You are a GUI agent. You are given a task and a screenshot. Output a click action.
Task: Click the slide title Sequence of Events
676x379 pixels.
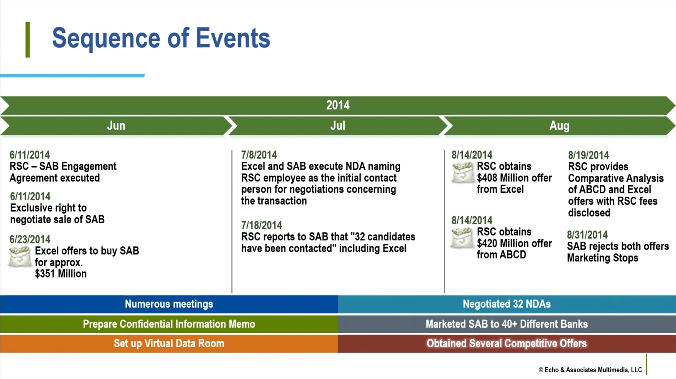(x=161, y=38)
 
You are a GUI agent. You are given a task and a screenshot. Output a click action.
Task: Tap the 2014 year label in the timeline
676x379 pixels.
(x=338, y=105)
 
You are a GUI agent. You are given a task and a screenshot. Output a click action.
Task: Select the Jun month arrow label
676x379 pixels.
(x=116, y=126)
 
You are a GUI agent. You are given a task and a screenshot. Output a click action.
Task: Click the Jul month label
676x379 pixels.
(x=338, y=126)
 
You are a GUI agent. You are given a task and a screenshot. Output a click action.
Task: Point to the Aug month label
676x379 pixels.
(x=560, y=126)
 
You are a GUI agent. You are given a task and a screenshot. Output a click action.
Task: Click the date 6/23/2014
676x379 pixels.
(x=30, y=240)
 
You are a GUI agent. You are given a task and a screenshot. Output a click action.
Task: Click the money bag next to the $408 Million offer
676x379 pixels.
(x=462, y=172)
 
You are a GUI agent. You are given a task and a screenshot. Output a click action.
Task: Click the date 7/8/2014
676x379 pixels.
(x=259, y=155)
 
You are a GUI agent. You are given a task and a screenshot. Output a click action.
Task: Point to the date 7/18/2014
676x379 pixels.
(x=261, y=225)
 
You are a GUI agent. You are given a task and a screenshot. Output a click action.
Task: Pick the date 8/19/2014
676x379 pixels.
(x=588, y=155)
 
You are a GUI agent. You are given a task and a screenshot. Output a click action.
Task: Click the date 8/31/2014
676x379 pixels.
(x=587, y=235)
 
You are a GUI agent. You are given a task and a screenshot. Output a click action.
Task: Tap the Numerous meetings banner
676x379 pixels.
(x=169, y=304)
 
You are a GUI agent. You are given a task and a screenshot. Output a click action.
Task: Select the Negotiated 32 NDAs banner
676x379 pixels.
(x=507, y=304)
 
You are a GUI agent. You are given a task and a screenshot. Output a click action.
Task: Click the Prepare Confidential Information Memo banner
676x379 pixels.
(x=169, y=324)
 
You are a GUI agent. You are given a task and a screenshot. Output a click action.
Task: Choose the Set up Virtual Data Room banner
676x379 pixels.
(x=169, y=343)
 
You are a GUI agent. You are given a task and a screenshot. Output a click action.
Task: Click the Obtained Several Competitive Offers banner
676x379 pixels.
(x=507, y=343)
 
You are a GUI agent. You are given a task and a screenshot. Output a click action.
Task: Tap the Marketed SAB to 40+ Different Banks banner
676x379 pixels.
(x=507, y=324)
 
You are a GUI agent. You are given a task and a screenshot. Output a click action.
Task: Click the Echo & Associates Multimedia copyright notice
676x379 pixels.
(x=590, y=370)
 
